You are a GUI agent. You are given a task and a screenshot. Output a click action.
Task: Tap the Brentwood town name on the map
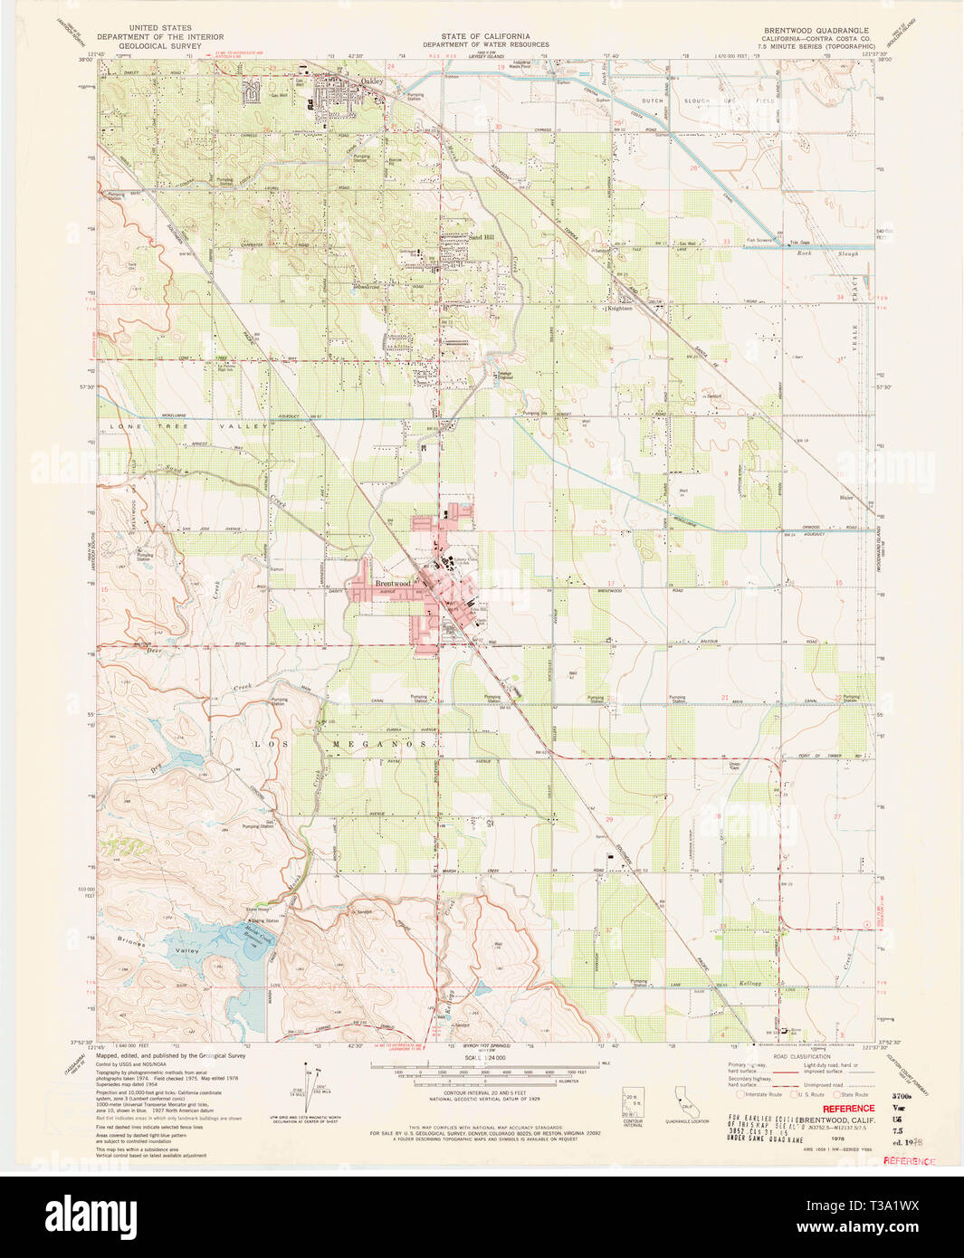[x=393, y=584]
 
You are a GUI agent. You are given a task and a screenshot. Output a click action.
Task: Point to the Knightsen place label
[x=620, y=308]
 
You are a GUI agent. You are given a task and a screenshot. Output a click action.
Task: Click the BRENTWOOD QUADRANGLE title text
[x=816, y=30]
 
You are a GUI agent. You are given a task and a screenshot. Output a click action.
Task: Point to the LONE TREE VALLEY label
[x=190, y=425]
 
